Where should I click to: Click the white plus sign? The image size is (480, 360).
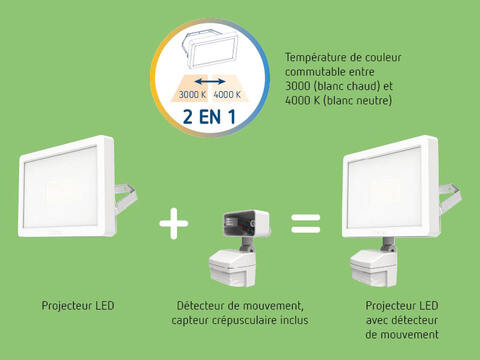coord(174,223)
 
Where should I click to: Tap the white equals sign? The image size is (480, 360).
coord(306,224)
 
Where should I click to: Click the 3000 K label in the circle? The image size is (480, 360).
coord(192,95)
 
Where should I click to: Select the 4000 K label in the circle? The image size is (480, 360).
coord(227,95)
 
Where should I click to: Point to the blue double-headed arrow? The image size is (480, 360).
coord(210,81)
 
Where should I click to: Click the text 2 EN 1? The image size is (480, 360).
coord(209,117)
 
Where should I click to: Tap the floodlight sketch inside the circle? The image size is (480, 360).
coord(209,49)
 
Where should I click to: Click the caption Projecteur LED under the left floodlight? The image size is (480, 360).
coord(78,306)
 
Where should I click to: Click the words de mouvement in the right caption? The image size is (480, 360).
coord(402,334)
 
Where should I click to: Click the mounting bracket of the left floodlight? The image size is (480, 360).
coord(126,198)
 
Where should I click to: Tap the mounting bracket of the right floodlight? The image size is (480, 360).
coord(450,197)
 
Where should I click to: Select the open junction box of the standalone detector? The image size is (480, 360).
coord(246,222)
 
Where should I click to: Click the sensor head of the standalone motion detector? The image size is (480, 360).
coord(233,269)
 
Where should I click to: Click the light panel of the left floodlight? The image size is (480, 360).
coord(61,187)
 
